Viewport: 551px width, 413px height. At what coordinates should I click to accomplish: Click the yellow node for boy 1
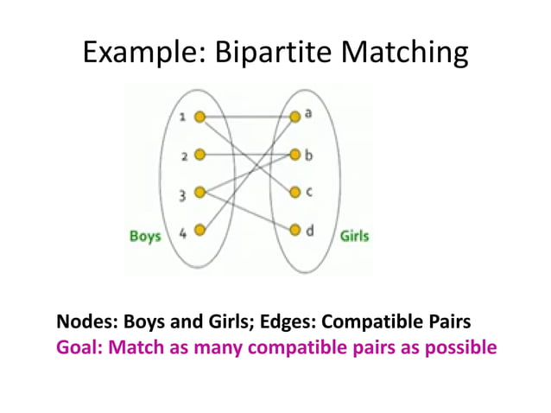click(x=199, y=117)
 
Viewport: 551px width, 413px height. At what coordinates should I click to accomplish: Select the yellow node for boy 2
click(x=199, y=156)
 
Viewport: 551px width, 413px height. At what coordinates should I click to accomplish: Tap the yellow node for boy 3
click(x=199, y=192)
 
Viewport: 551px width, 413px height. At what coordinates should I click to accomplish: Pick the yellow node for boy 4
click(x=199, y=230)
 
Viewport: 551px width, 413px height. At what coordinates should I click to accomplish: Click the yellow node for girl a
click(x=295, y=115)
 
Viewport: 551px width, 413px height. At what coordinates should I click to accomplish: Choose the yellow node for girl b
click(x=295, y=156)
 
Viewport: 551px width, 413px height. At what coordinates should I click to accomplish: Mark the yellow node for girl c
click(x=295, y=192)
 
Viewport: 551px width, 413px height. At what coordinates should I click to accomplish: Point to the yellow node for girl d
click(x=295, y=230)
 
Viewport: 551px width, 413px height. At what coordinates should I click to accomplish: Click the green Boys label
click(x=145, y=235)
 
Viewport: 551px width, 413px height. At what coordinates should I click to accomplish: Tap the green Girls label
click(x=354, y=235)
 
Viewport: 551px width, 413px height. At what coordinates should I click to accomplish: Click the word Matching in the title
click(x=405, y=54)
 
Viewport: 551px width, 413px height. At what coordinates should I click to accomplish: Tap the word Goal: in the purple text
click(x=79, y=347)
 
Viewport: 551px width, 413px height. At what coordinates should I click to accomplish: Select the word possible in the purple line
click(x=461, y=347)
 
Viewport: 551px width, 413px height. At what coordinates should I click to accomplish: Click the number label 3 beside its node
click(x=182, y=196)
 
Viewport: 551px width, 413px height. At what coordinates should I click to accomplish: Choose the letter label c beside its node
click(x=308, y=192)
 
